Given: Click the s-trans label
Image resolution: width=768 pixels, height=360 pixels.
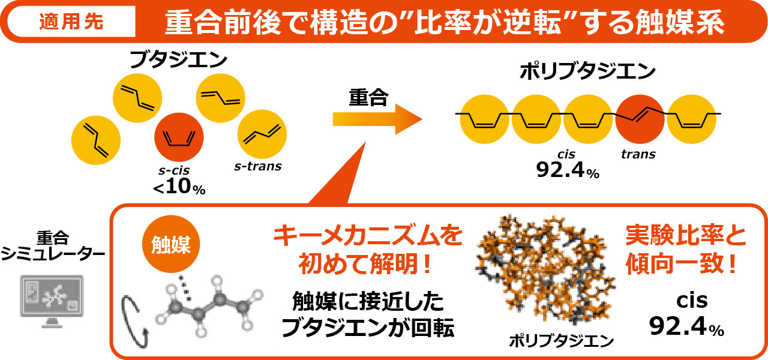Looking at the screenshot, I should tap(257, 166).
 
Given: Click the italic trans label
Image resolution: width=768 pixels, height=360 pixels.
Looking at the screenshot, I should tap(638, 154).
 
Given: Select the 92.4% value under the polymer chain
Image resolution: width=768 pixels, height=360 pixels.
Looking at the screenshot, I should tap(567, 171).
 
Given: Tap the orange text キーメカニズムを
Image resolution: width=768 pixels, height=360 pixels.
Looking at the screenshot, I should tap(368, 236).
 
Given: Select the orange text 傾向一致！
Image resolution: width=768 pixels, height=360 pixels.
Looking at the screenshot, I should tap(682, 265).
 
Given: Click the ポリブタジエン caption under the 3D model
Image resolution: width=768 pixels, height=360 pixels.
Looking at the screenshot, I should tap(560, 341).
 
